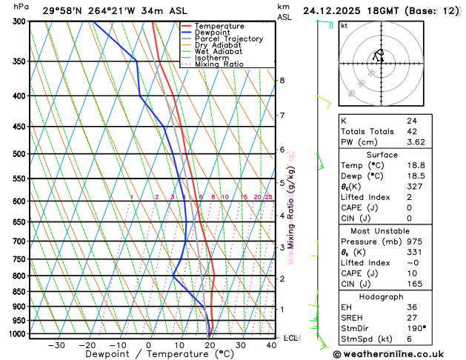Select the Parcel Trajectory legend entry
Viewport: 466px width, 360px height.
[227, 39]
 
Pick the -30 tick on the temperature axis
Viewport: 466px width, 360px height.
[56, 345]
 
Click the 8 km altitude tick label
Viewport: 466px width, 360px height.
[282, 80]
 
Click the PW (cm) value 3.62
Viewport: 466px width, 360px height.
[416, 141]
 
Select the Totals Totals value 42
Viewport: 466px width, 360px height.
[411, 131]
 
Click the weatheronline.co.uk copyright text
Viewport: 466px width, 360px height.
[393, 354]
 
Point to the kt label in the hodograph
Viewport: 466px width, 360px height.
[344, 25]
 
